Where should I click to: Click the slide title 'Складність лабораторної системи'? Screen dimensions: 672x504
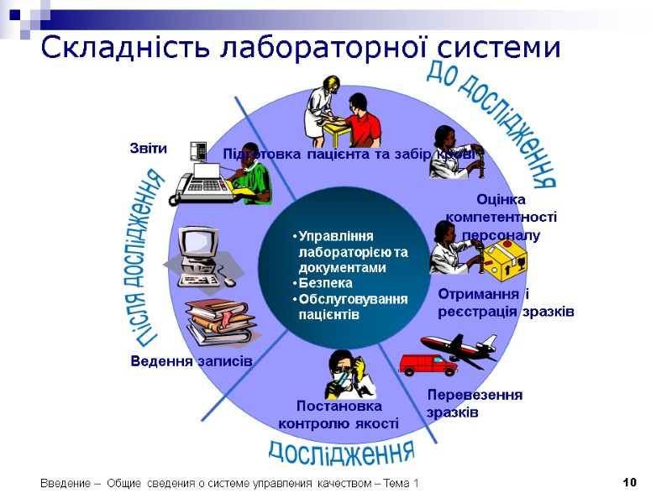pos(300,48)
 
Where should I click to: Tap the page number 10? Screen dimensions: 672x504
pos(630,482)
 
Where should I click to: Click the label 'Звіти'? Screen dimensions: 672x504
pos(148,149)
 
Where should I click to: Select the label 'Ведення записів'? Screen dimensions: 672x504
pos(192,361)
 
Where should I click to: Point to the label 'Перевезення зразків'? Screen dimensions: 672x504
pos(474,403)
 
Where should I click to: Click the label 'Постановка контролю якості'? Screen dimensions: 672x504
pos(338,415)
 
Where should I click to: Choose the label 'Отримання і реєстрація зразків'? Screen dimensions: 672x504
pos(505,302)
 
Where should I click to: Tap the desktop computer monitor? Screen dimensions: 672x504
pos(199,244)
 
